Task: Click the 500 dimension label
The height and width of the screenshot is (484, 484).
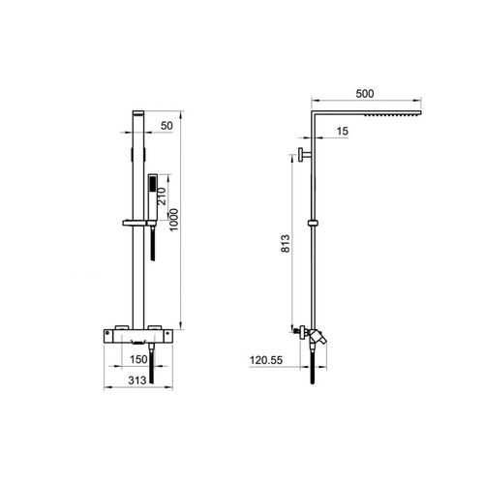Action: (x=365, y=94)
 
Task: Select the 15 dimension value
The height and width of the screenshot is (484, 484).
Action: (x=343, y=131)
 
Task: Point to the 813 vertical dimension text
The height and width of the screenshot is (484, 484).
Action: (x=286, y=244)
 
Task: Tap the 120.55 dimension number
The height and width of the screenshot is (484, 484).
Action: (x=266, y=360)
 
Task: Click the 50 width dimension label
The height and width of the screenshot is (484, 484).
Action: (x=166, y=126)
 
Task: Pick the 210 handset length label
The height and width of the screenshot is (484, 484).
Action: (x=162, y=197)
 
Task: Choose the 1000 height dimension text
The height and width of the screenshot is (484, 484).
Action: (x=174, y=220)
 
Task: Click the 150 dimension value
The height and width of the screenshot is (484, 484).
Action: (x=138, y=359)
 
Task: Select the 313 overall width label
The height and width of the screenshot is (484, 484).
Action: (x=137, y=380)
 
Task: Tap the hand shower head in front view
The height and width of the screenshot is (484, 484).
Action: (x=153, y=197)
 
